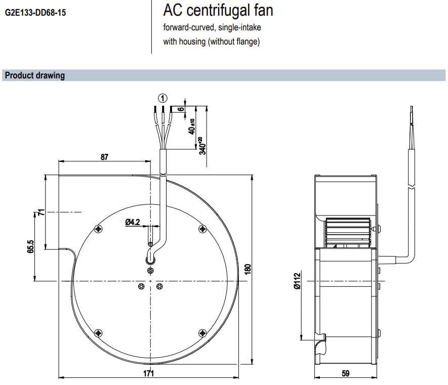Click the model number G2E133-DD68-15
point(35,12)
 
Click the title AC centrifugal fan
point(218,10)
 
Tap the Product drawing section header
point(35,75)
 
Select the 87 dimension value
point(104,157)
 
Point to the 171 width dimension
point(148,373)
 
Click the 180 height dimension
point(248,269)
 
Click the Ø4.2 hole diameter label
point(132,222)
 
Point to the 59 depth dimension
point(346,373)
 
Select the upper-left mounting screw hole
point(98,229)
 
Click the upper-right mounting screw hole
point(202,229)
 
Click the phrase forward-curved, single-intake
point(212,27)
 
